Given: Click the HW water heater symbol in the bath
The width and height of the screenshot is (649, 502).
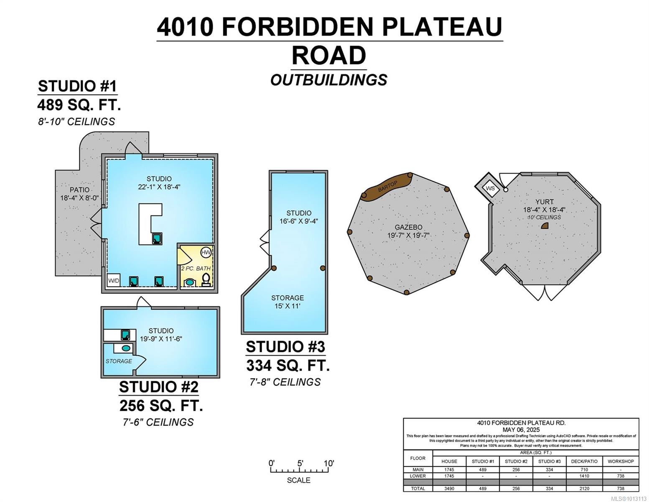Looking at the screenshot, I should tap(206, 252).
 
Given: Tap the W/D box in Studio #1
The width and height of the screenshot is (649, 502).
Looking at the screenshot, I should tap(114, 280).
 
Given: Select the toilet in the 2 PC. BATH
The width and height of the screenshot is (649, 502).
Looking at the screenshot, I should tap(206, 279).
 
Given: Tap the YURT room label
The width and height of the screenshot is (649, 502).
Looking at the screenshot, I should tap(544, 202).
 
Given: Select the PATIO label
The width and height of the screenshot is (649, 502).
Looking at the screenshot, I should tap(79, 190).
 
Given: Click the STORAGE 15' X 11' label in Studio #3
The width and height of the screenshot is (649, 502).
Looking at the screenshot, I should tap(288, 302).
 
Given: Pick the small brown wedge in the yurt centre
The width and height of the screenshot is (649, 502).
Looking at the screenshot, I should tap(545, 226).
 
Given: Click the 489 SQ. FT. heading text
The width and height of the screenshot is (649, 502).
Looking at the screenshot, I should tap(79, 105).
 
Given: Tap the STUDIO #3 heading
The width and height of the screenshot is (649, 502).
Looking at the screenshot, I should tap(285, 347).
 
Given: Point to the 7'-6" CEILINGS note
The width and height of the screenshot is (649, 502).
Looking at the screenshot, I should tap(158, 422).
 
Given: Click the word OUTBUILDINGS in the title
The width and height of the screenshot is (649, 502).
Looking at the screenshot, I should tap(329, 80).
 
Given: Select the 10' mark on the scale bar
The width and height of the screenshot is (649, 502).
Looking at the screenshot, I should tap(328, 464).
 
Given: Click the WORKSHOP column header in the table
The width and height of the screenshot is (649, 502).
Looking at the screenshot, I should tap(621, 461).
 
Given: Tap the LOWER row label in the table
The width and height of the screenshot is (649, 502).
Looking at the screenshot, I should tap(418, 476).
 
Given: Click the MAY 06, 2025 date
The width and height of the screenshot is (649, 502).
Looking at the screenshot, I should tap(521, 430).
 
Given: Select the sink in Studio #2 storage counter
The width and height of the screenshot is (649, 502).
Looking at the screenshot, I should tap(125, 348).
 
